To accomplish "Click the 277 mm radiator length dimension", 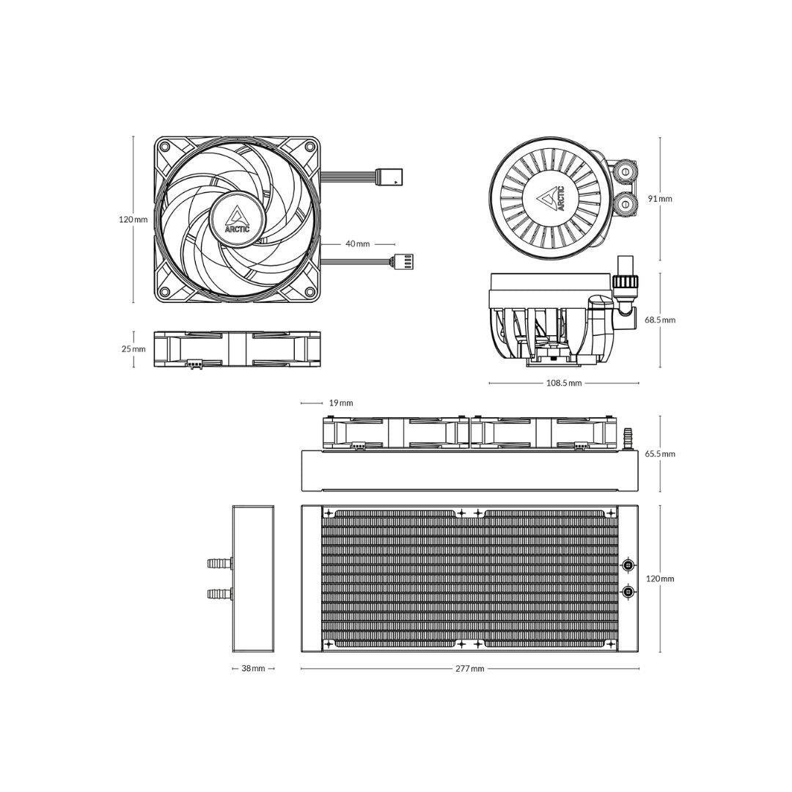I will [x=469, y=669].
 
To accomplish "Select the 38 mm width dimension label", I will [x=253, y=669].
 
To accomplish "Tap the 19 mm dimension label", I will [x=341, y=403].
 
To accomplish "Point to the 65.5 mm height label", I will [x=660, y=454].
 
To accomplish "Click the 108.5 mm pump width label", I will [x=563, y=383].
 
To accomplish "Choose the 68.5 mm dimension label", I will [x=660, y=320].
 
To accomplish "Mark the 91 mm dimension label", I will [x=660, y=199].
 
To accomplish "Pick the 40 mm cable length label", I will [x=358, y=244].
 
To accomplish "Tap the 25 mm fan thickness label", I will [x=133, y=349].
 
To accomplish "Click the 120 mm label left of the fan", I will [x=133, y=219].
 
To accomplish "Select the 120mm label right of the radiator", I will [x=660, y=579].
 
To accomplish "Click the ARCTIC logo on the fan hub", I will [x=237, y=219].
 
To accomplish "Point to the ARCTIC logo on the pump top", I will [x=553, y=199].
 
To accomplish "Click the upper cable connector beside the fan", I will [x=389, y=177].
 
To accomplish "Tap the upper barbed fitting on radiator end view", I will [x=219, y=563].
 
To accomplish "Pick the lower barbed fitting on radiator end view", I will [x=219, y=593].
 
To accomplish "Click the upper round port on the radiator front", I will [x=628, y=565].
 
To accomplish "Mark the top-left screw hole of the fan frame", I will [x=165, y=147].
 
